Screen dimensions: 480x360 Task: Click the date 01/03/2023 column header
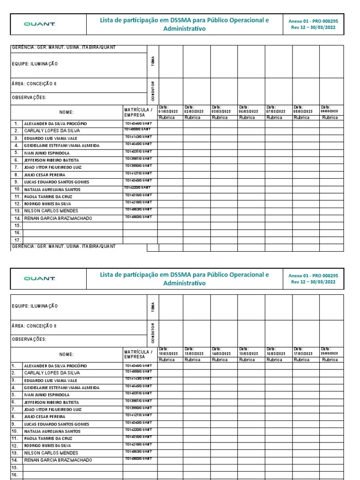point(168,111)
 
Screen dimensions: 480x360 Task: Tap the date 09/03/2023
point(330,111)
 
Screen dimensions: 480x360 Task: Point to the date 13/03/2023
point(194,353)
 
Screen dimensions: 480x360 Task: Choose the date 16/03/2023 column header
point(276,353)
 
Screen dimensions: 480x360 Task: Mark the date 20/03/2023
point(330,353)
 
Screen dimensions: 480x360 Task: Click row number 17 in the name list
point(17,240)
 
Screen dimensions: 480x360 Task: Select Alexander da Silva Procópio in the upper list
point(55,124)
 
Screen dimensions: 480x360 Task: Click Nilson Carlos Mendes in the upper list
point(51,211)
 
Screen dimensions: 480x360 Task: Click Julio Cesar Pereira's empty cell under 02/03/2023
point(196,174)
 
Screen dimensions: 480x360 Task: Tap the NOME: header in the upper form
point(67,112)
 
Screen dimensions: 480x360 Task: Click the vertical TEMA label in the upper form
point(153,61)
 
